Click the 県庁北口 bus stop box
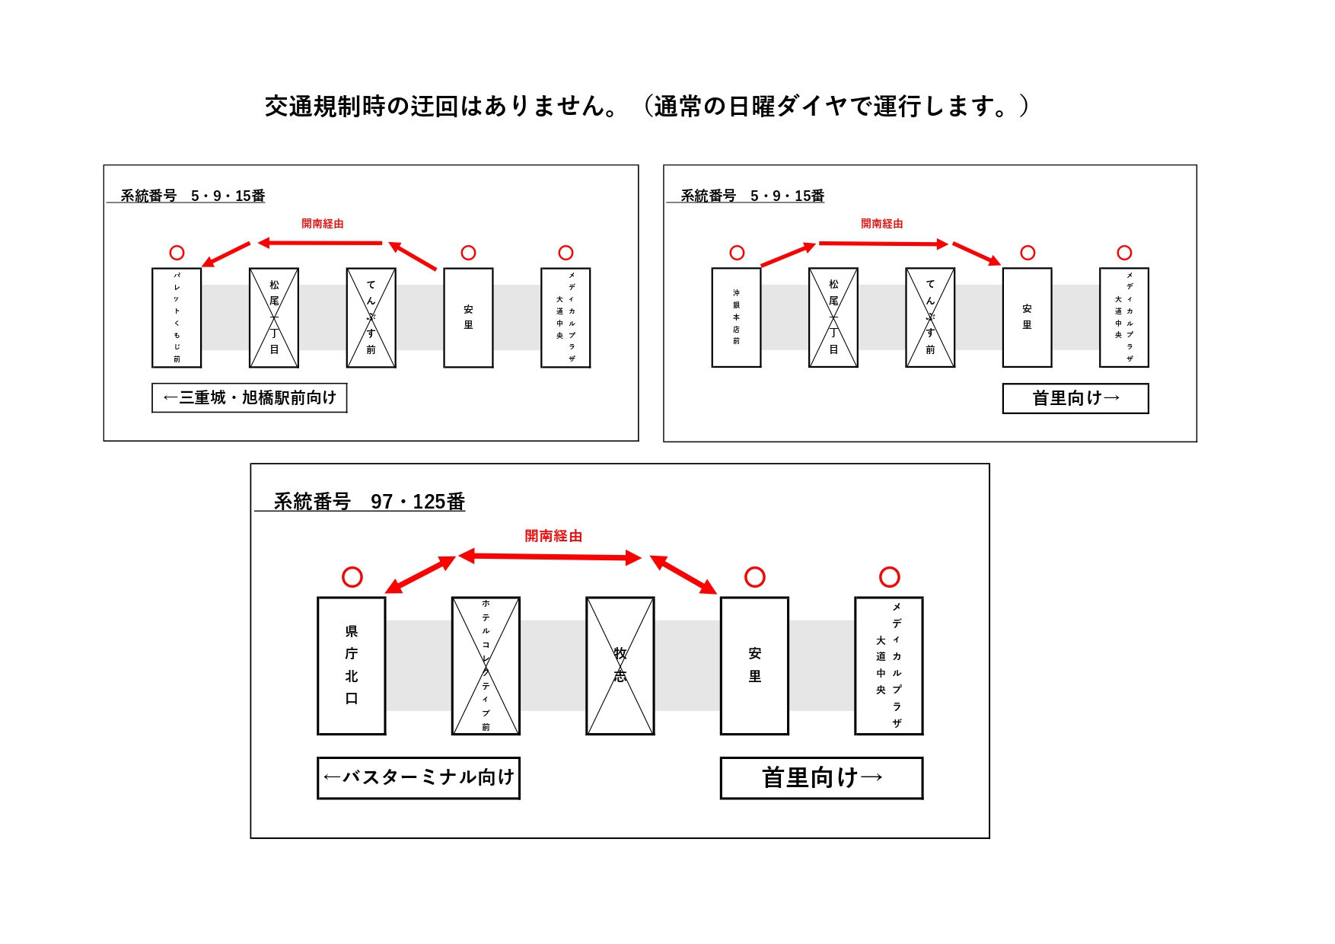pyautogui.click(x=351, y=665)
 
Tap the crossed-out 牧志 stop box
pyautogui.click(x=620, y=665)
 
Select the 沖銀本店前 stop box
pyautogui.click(x=736, y=317)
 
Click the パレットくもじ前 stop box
pyautogui.click(x=177, y=317)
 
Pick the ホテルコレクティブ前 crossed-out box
pyautogui.click(x=486, y=665)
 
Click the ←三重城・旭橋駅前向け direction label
pyautogui.click(x=250, y=398)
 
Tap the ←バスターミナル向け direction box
pyautogui.click(x=419, y=777)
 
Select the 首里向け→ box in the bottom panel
pyautogui.click(x=821, y=777)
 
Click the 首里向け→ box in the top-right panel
pyautogui.click(x=1075, y=398)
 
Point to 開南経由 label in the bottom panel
pyautogui.click(x=553, y=536)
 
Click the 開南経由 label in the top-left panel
pyautogui.click(x=323, y=224)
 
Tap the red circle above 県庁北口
pyautogui.click(x=352, y=577)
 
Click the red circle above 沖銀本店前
pyautogui.click(x=737, y=253)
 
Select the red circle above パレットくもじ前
pyautogui.click(x=177, y=253)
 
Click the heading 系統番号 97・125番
pyautogui.click(x=369, y=502)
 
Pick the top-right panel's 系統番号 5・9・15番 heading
pyautogui.click(x=752, y=196)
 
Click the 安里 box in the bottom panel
pyautogui.click(x=754, y=665)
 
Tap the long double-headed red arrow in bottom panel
pyautogui.click(x=550, y=557)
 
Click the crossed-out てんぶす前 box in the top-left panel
pyautogui.click(x=371, y=317)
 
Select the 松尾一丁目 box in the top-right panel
pyautogui.click(x=833, y=317)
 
